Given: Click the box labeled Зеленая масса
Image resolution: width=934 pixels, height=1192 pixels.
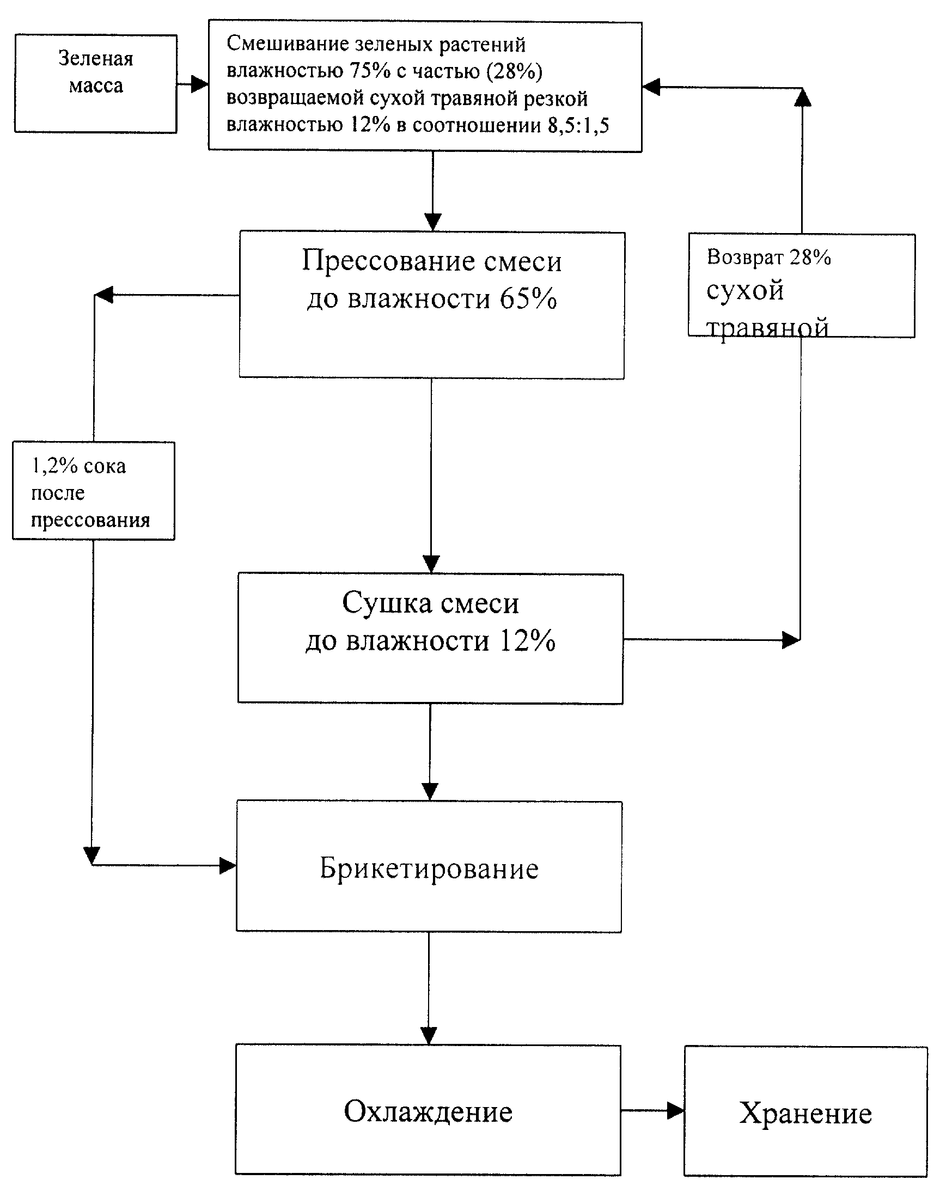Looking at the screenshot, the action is coord(96,84).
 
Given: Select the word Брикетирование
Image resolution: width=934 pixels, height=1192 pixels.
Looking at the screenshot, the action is coord(429,869).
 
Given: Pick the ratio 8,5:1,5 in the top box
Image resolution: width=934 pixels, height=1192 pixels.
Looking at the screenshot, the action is coord(578,125).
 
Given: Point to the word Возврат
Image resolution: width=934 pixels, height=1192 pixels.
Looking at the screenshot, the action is coord(745,257).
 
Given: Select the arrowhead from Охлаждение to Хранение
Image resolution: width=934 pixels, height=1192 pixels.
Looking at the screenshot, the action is coord(676,1110).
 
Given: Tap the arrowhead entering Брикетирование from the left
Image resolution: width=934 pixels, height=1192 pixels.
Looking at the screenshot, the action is coord(228,866).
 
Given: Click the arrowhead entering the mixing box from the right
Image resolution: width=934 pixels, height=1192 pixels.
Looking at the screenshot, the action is coord(651,87).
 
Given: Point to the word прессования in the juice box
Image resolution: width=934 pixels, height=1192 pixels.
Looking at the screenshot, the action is coord(90,520).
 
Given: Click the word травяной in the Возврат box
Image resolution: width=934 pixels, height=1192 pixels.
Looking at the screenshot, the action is coord(767,327).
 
